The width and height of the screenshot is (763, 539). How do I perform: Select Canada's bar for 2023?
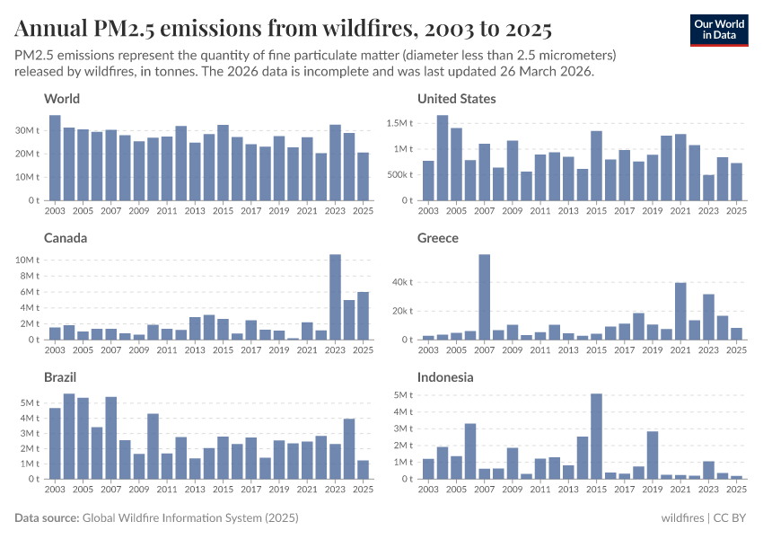point(335,297)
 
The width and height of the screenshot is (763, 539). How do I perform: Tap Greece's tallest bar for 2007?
point(485,297)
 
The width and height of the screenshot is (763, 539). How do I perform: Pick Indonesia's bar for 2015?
point(597,437)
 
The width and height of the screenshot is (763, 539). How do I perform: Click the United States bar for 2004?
point(443,158)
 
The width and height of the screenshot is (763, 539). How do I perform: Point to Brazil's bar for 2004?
point(69,437)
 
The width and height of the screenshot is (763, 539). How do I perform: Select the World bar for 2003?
point(55,158)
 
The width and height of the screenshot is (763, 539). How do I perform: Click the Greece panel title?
point(438,238)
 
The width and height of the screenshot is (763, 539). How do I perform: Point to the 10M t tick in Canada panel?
point(28,260)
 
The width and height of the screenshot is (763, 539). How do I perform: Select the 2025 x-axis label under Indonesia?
point(736,490)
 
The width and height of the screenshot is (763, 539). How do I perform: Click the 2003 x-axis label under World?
point(56,211)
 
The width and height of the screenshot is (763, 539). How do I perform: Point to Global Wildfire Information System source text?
point(189,518)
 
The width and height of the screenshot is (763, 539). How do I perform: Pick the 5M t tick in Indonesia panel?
point(401,394)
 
